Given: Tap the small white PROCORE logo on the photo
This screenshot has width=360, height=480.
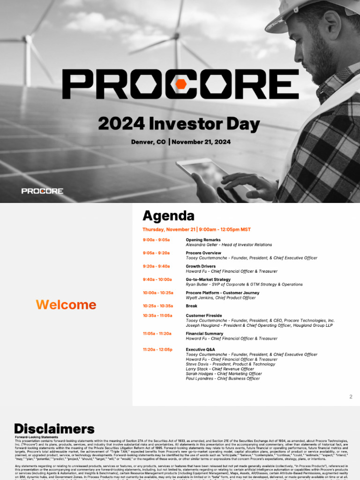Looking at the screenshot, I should click(x=42, y=191).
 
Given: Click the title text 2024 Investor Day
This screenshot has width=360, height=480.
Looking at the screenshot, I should click(x=179, y=124).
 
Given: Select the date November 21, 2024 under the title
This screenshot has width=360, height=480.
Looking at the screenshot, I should click(x=201, y=142).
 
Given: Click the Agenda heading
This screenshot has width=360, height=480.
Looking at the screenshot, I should click(x=168, y=216).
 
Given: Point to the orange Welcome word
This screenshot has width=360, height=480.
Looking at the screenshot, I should click(x=66, y=305).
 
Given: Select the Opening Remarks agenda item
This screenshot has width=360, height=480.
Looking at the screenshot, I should click(x=203, y=240).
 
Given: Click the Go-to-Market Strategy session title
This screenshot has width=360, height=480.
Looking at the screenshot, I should click(x=208, y=279).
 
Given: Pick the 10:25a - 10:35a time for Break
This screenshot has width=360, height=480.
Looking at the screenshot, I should click(x=158, y=306).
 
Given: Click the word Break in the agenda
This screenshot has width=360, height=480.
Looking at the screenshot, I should click(x=191, y=306).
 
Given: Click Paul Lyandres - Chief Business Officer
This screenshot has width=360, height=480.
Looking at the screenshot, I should click(x=223, y=379).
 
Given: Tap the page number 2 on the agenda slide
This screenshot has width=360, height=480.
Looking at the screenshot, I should click(x=351, y=397).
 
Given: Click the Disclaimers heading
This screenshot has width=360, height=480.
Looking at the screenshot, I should click(x=54, y=429).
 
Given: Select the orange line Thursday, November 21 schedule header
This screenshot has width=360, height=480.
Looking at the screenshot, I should click(x=196, y=230).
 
